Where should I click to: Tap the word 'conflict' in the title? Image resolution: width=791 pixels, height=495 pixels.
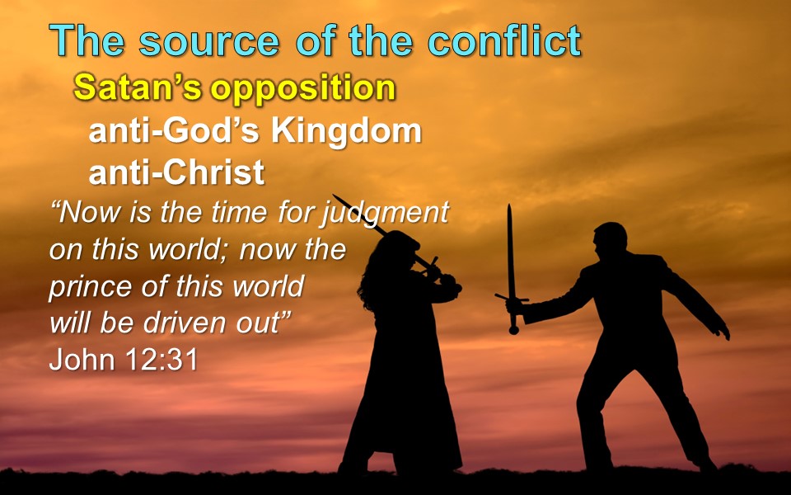504,40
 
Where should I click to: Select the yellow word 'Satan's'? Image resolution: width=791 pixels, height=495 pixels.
138,87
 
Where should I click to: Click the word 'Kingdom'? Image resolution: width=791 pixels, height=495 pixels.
346,131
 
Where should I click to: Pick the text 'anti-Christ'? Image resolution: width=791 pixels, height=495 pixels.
176,172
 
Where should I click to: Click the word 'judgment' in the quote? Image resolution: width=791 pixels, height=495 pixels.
385,213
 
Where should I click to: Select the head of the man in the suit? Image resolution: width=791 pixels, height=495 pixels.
610,239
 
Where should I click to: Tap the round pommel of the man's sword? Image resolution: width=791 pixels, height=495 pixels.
513,330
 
